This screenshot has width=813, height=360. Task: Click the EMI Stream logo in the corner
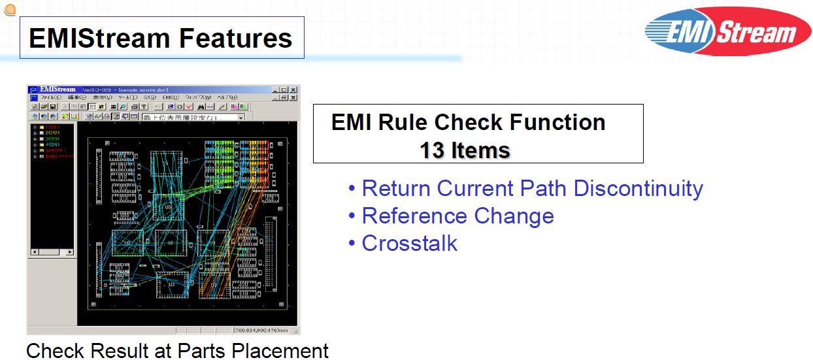(x=727, y=31)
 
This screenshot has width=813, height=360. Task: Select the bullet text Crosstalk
(x=409, y=243)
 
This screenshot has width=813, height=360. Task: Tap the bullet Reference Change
(x=457, y=216)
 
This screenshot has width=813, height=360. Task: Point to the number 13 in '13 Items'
(x=432, y=150)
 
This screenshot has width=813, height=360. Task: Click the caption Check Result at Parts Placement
(x=177, y=350)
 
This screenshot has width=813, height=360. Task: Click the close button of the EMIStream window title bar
(x=293, y=90)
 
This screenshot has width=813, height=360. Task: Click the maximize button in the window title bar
(x=284, y=90)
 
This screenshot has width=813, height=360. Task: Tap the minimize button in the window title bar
(x=275, y=90)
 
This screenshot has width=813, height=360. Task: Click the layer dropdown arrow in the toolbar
(x=241, y=117)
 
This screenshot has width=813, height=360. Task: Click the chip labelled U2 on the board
(x=171, y=242)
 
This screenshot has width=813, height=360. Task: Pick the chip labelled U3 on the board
(x=171, y=284)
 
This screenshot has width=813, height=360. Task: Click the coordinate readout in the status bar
(x=265, y=330)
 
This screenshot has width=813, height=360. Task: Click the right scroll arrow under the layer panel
(x=70, y=252)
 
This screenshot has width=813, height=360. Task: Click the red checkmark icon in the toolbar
(x=189, y=106)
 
